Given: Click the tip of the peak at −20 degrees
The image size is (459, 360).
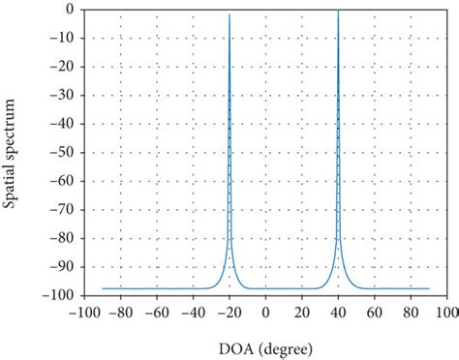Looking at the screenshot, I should point(229,15).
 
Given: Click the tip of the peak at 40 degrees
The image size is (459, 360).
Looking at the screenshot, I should point(338,10).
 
